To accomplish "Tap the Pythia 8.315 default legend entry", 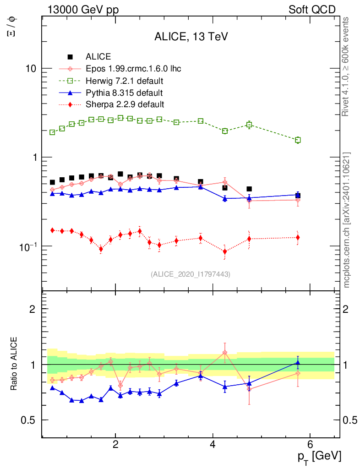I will point(122,93).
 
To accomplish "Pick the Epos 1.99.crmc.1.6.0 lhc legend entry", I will point(133,69).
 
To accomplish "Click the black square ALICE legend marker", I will point(70,57).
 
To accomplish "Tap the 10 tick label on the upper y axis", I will point(32,69).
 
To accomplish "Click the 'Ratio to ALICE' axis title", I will point(14,364).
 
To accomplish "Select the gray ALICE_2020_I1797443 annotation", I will point(191,274).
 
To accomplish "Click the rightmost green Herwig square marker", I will point(298,140).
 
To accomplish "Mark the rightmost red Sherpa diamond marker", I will point(298,237).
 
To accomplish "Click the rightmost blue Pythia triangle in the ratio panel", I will point(298,363).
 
